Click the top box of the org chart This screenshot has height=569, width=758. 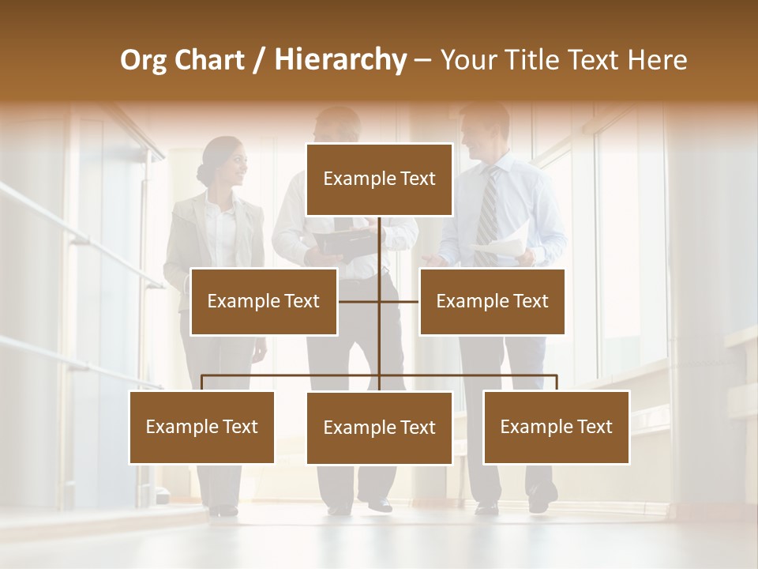(379, 179)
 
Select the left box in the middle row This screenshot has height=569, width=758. (264, 301)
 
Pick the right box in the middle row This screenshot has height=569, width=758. (492, 301)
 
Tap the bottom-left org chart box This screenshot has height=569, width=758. (202, 427)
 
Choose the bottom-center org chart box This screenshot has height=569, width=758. (379, 428)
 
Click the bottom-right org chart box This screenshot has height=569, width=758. (556, 427)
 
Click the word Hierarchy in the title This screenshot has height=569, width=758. (340, 60)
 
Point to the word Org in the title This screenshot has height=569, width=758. (143, 60)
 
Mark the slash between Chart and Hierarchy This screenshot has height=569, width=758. (259, 60)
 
